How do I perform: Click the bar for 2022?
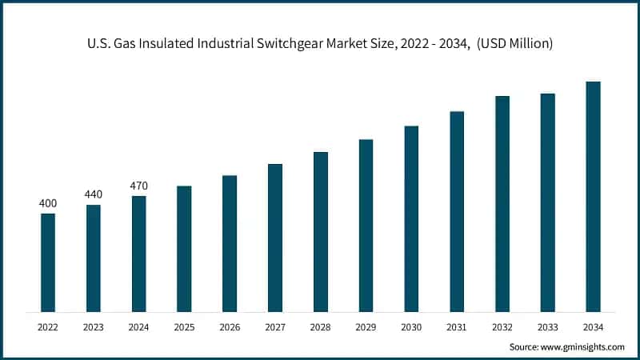(48, 262)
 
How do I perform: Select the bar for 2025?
(184, 249)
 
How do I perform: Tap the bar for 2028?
(321, 231)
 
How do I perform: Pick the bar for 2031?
(457, 211)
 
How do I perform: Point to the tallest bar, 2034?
(593, 196)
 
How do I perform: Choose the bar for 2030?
(411, 218)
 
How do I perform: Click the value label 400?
(48, 204)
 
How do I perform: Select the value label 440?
(94, 194)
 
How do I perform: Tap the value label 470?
(139, 186)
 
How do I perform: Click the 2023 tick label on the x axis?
(94, 326)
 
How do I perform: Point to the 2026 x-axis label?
(230, 326)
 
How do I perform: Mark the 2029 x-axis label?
(366, 326)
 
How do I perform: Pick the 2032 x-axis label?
(502, 326)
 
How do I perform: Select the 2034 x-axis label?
(593, 326)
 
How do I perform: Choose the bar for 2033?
(547, 202)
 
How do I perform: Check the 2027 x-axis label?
(275, 326)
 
